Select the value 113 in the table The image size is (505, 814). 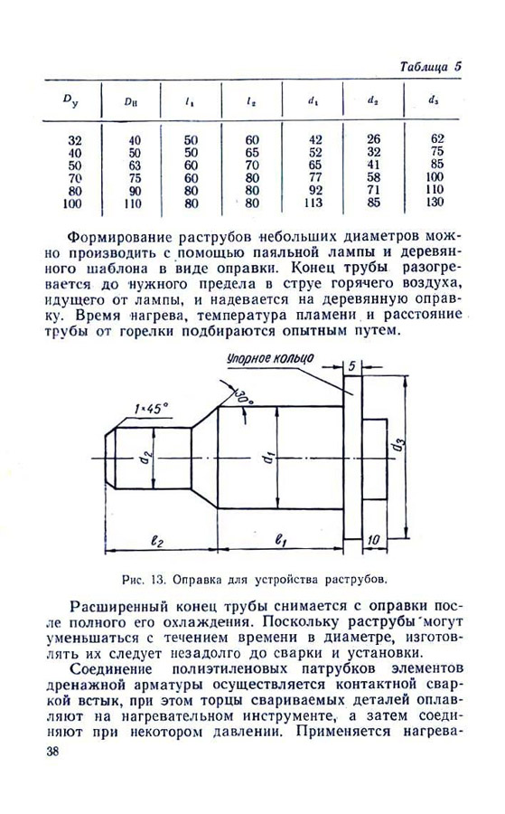pyautogui.click(x=315, y=203)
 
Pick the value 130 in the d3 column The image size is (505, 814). pyautogui.click(x=437, y=203)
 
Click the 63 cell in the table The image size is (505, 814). pyautogui.click(x=134, y=165)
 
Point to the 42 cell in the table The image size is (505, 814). pyautogui.click(x=315, y=138)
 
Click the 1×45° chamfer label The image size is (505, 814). pyautogui.click(x=151, y=409)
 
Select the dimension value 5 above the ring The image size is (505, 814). pyautogui.click(x=351, y=366)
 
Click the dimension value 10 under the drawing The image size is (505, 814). pyautogui.click(x=371, y=539)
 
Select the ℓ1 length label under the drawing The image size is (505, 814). pyautogui.click(x=279, y=540)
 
